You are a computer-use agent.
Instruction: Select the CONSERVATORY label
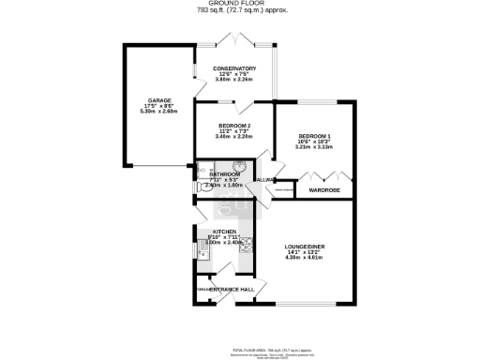pos(235,67)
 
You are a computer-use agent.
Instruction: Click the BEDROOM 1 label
pos(315,135)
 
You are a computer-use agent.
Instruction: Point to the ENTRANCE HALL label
pos(232,289)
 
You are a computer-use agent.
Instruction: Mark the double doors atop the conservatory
pos(232,41)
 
